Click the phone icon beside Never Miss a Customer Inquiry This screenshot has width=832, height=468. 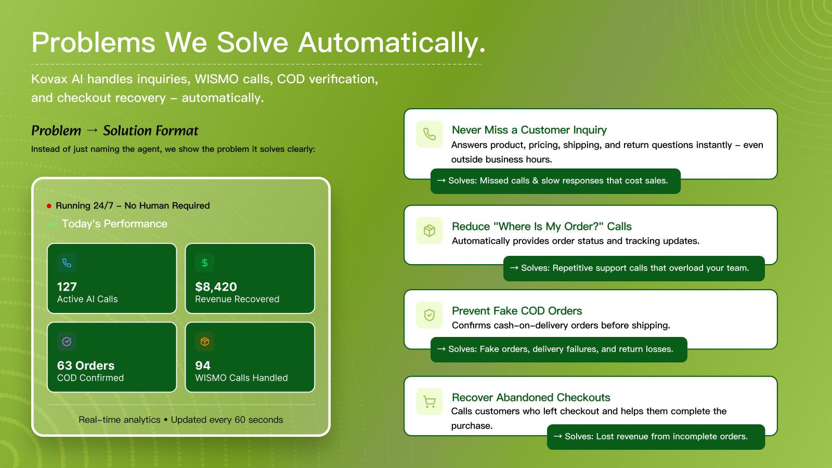coord(429,134)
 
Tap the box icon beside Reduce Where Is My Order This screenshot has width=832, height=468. coord(429,230)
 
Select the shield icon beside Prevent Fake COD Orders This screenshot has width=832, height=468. coord(429,315)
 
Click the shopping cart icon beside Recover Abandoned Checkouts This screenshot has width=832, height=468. coord(429,401)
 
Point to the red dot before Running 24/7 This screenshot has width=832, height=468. coord(49,206)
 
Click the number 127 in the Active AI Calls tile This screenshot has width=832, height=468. coord(67,287)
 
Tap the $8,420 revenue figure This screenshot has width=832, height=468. coord(216,287)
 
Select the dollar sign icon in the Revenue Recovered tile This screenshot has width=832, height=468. coord(204,263)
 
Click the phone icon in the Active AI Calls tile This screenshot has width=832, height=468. coord(67,263)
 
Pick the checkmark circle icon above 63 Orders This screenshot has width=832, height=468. coord(67,342)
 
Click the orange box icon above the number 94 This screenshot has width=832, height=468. coord(204,342)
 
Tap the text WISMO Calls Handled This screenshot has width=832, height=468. coord(241,378)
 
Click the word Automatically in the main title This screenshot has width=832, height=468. coord(392,43)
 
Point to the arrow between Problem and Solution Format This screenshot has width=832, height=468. coord(92,131)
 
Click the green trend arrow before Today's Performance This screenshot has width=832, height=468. coord(52,225)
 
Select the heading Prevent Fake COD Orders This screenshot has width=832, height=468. coord(517,311)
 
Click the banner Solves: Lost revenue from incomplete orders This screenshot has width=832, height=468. coord(656,437)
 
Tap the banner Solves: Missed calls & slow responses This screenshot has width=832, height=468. coord(555,181)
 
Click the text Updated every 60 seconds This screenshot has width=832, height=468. coord(227,420)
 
